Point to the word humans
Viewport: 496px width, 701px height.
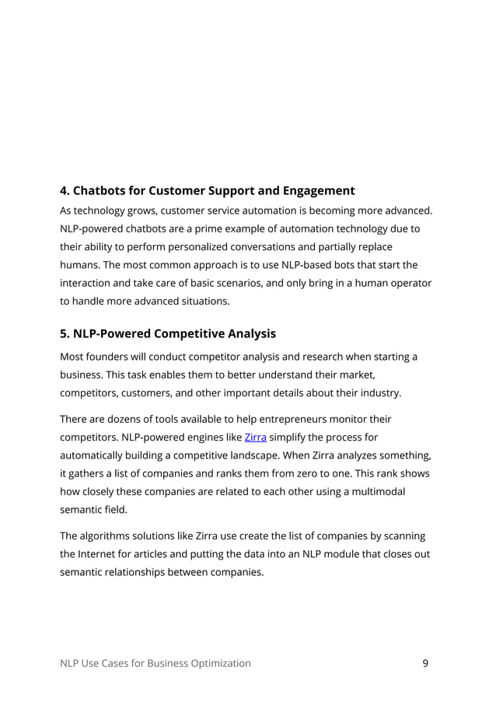click(81, 264)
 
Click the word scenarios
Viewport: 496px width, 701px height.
click(274, 282)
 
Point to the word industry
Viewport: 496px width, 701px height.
click(376, 392)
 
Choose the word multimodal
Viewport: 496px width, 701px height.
click(374, 492)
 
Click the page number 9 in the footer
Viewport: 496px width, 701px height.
click(425, 663)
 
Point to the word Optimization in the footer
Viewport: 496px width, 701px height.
click(217, 663)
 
